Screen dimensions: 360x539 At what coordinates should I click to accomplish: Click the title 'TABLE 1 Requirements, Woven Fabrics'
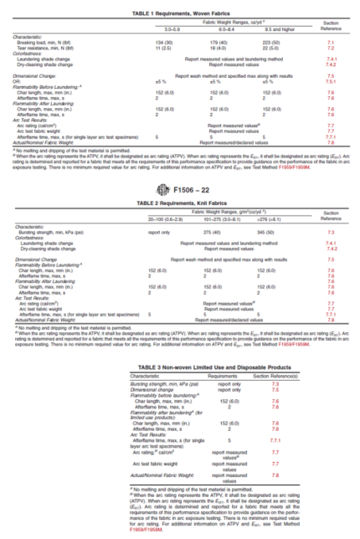click(180, 5)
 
